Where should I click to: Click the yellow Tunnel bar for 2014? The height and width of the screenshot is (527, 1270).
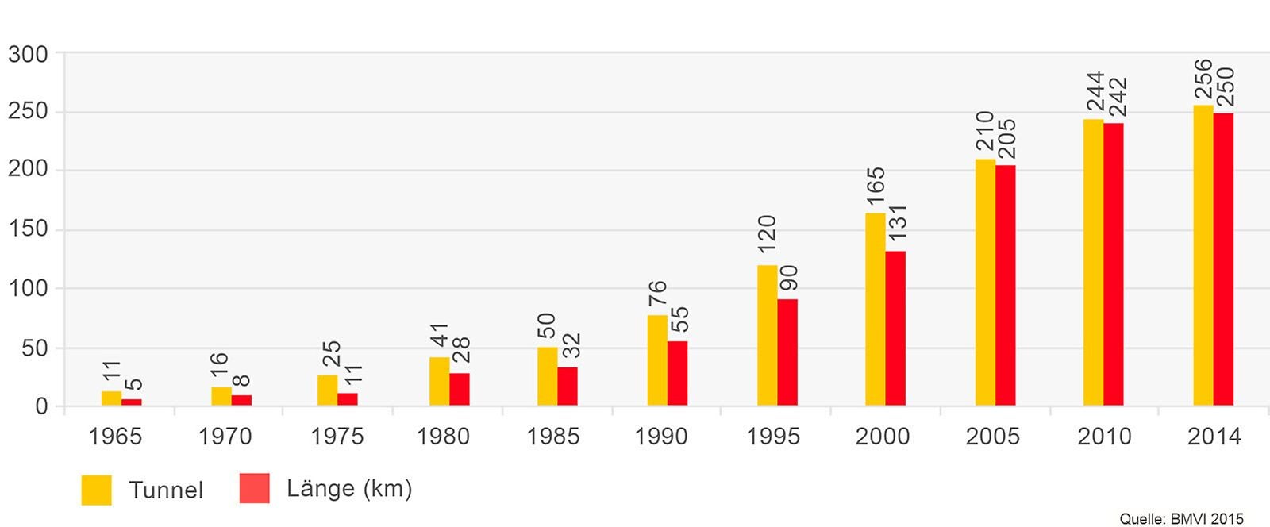click(x=1203, y=256)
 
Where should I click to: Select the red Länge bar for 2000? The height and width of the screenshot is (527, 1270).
click(x=895, y=329)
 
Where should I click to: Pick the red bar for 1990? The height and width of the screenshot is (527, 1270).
click(x=677, y=374)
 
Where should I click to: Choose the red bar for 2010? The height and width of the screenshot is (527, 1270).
click(x=1114, y=264)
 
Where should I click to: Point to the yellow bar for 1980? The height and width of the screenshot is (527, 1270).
click(x=439, y=382)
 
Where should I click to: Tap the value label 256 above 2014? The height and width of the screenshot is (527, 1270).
click(x=1203, y=79)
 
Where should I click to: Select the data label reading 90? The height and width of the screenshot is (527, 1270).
click(x=788, y=278)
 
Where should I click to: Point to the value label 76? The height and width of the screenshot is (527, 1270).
click(x=657, y=293)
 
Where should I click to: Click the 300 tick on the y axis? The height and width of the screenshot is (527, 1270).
click(x=29, y=54)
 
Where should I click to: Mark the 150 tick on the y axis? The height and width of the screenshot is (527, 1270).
click(x=29, y=230)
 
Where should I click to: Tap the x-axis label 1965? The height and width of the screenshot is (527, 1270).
click(x=116, y=437)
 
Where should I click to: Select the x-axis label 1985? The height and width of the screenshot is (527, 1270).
click(x=553, y=437)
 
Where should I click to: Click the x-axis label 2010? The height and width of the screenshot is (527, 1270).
click(x=1104, y=437)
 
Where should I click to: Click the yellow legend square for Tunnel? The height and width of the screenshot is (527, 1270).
click(x=96, y=490)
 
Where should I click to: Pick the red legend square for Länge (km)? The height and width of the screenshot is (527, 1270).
click(x=255, y=489)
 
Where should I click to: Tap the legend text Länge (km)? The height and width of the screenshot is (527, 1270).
click(x=349, y=488)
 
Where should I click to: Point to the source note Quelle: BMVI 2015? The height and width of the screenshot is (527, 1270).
click(x=1181, y=518)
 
